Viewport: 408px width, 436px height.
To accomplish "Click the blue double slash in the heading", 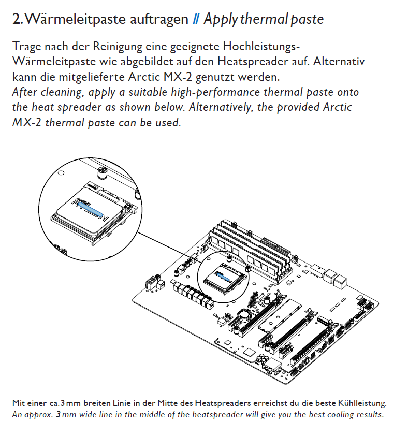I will [x=196, y=20].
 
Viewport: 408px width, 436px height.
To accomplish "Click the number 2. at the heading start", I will [x=17, y=20].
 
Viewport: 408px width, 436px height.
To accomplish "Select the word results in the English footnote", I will [x=370, y=415].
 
